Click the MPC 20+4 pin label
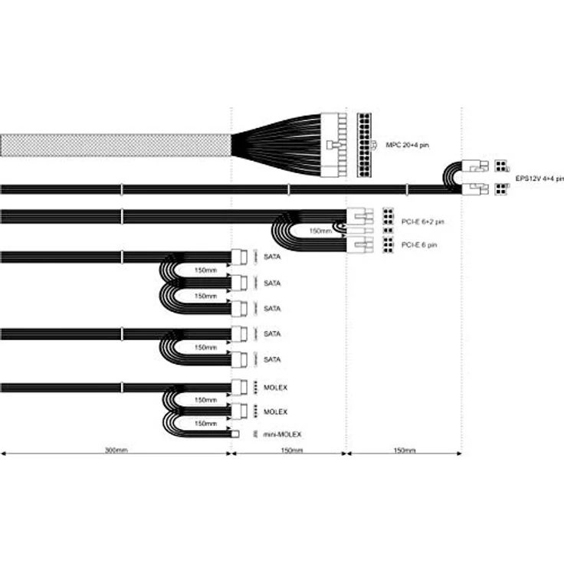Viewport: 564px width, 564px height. [407, 145]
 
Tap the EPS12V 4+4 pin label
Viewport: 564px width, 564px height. [539, 179]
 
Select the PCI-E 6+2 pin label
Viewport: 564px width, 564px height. [423, 221]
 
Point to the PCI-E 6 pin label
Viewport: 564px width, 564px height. [419, 245]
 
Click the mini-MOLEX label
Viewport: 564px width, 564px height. [282, 434]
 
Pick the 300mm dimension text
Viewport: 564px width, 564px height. [116, 450]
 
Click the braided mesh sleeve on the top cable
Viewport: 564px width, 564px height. [116, 146]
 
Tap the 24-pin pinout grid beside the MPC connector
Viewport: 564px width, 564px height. [364, 145]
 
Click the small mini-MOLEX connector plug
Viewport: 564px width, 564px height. [235, 434]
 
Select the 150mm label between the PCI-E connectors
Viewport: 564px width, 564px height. [320, 231]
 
